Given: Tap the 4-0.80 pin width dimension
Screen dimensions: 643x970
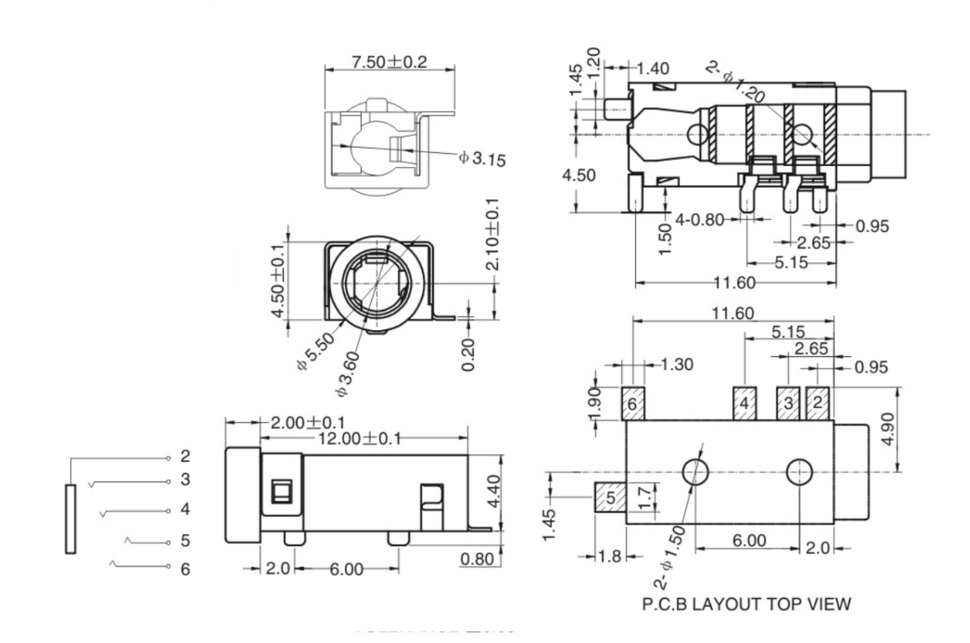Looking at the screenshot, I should click(x=699, y=219).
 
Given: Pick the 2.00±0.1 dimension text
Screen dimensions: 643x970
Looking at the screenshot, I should click(x=308, y=423).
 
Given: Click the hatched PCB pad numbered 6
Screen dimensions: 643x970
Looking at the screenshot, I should click(x=632, y=403).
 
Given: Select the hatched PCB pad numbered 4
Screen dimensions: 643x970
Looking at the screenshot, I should click(x=744, y=403).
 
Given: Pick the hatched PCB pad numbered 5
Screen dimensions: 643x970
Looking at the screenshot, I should click(x=609, y=498).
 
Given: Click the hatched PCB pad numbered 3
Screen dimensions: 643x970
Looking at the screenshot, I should click(x=788, y=403).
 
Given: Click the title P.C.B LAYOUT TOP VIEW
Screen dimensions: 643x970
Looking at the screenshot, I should click(x=747, y=604).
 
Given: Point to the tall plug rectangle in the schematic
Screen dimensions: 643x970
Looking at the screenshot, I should click(x=71, y=519).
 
